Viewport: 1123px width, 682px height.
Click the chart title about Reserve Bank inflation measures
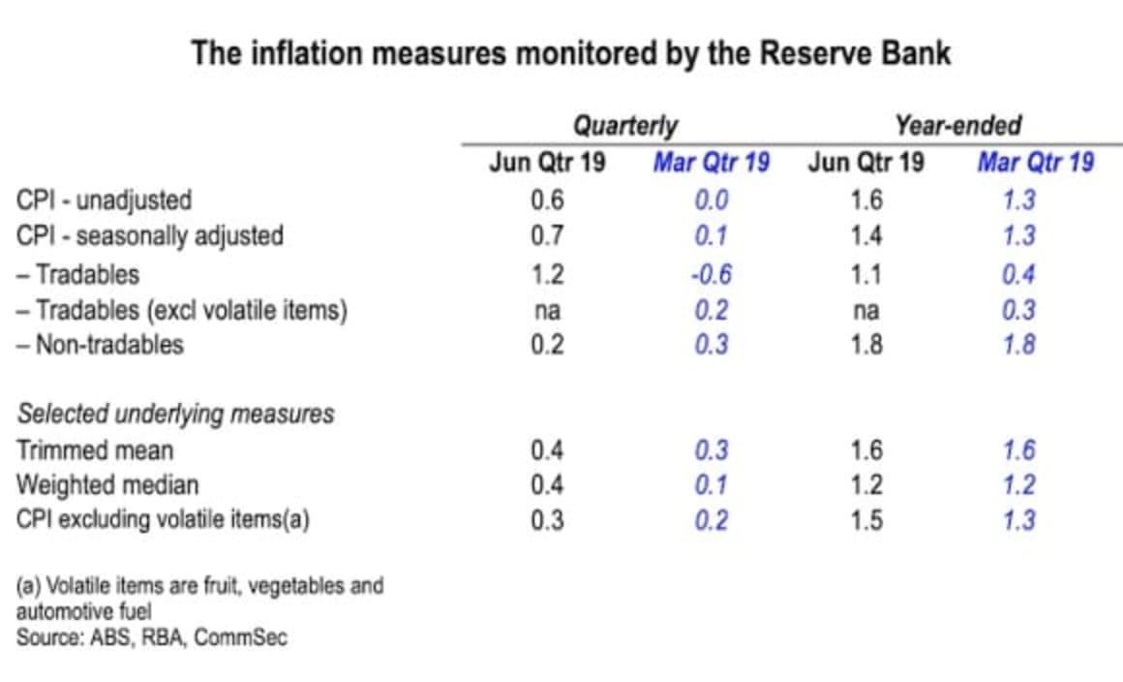(570, 52)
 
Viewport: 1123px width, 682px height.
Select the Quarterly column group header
(625, 126)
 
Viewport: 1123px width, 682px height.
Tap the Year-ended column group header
(957, 126)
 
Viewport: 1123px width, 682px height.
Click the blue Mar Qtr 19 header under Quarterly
(711, 162)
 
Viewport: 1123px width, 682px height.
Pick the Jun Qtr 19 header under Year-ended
(865, 162)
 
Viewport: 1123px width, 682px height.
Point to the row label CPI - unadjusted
(105, 201)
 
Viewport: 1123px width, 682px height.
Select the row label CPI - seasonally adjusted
(150, 235)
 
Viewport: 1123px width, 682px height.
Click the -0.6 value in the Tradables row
(711, 274)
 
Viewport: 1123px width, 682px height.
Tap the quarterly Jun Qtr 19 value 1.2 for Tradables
(547, 274)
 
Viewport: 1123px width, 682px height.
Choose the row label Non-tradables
(101, 345)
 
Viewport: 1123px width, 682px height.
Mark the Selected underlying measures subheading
(176, 415)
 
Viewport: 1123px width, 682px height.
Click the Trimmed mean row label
(95, 450)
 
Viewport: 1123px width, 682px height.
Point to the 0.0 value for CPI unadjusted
(711, 201)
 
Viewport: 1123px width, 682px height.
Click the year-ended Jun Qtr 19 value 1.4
(865, 235)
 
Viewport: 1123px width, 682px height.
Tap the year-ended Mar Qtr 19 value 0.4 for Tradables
(1018, 274)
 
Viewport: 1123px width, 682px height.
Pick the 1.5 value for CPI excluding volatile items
(865, 520)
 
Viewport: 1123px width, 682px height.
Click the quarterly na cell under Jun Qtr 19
(547, 310)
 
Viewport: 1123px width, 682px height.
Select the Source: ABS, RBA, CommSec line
(151, 638)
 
